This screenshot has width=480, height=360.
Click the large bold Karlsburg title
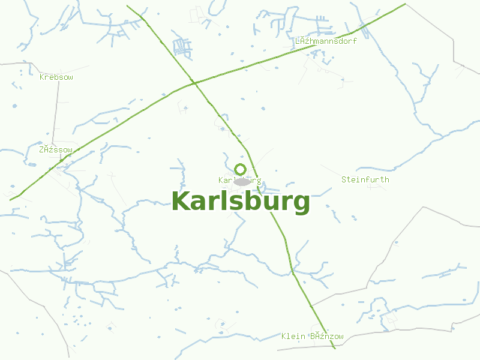click(241, 202)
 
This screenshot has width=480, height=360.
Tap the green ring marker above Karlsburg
click(241, 169)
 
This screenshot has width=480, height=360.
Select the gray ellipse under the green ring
click(242, 182)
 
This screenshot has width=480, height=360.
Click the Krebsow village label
click(56, 77)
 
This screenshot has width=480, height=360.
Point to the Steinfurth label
click(365, 179)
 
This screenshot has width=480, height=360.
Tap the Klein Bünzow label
click(312, 336)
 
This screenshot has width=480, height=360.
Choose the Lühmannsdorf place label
click(326, 41)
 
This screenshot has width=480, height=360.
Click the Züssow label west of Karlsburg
click(55, 149)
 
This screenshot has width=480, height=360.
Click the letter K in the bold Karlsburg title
click(181, 202)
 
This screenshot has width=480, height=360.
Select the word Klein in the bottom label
click(293, 336)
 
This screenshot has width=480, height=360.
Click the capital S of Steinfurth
click(344, 179)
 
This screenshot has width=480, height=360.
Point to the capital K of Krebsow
click(42, 77)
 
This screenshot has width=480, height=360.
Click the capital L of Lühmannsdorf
click(298, 41)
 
